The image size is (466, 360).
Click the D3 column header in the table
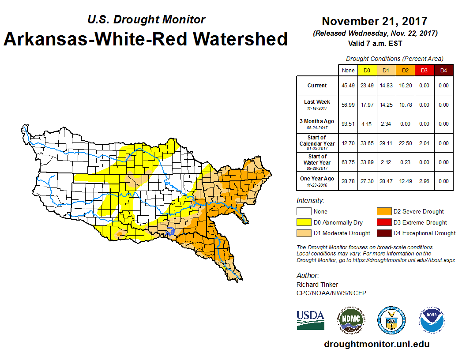[x=424, y=71]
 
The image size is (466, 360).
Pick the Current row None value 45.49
[x=348, y=86]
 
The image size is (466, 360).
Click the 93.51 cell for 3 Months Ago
[x=348, y=124]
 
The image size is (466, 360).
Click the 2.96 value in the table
[x=424, y=181]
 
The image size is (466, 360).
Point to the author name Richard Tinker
[x=317, y=285]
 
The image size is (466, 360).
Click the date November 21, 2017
[x=374, y=21]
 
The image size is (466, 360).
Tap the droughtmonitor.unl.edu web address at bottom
[x=376, y=344]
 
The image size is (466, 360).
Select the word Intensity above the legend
[x=310, y=201]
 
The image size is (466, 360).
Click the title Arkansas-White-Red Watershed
[x=146, y=39]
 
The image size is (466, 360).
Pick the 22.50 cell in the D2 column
[x=405, y=143]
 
